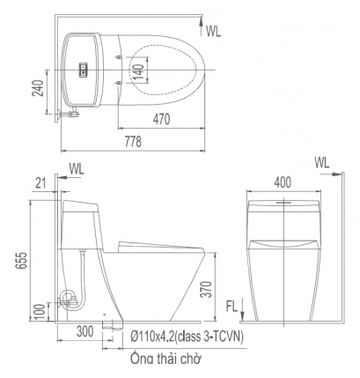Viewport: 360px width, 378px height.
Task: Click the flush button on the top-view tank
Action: (83, 68)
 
